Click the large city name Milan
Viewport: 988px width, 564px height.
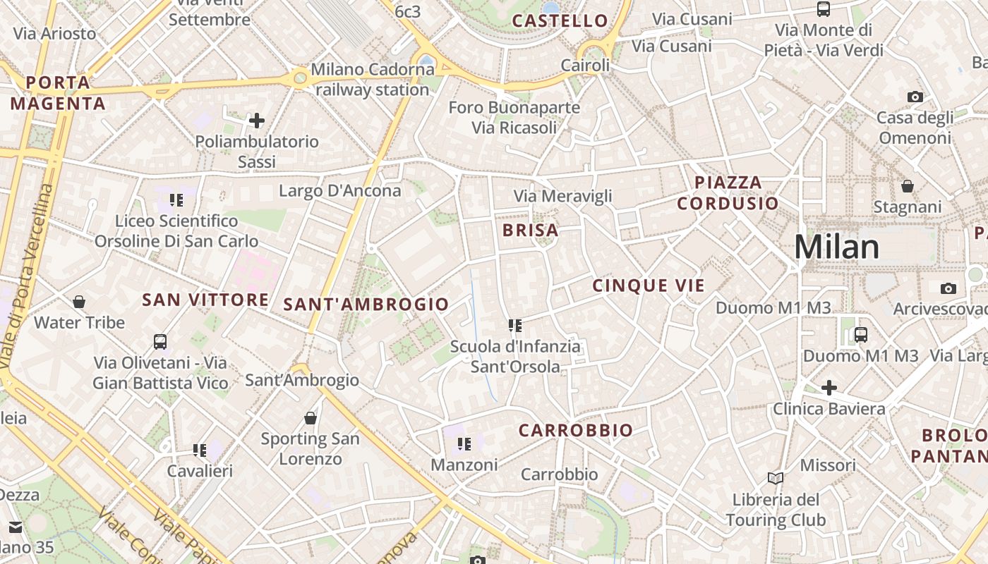(x=836, y=247)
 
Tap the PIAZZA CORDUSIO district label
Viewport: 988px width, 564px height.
(x=728, y=193)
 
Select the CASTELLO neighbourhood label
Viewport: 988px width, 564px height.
(x=560, y=21)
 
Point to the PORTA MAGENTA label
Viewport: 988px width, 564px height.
(x=58, y=93)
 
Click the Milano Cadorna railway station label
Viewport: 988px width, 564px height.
(x=372, y=80)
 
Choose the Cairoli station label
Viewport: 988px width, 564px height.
(x=585, y=66)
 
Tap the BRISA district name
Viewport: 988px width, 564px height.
(x=530, y=231)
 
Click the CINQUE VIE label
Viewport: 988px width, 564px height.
(x=648, y=286)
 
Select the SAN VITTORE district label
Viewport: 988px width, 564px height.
(x=205, y=300)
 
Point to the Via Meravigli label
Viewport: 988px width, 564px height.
(x=562, y=196)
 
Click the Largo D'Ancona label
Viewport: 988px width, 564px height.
(x=339, y=191)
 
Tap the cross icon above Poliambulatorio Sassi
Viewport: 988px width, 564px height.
(x=257, y=121)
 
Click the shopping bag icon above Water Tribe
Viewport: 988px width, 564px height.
(x=79, y=302)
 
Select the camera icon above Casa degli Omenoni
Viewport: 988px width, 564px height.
(x=915, y=97)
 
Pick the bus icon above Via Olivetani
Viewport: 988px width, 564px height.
(x=160, y=342)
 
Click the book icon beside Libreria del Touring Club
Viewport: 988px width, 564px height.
(x=775, y=479)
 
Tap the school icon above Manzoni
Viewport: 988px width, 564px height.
(x=464, y=444)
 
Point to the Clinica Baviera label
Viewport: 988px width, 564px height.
(x=829, y=409)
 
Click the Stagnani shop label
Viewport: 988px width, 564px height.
(x=907, y=207)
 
